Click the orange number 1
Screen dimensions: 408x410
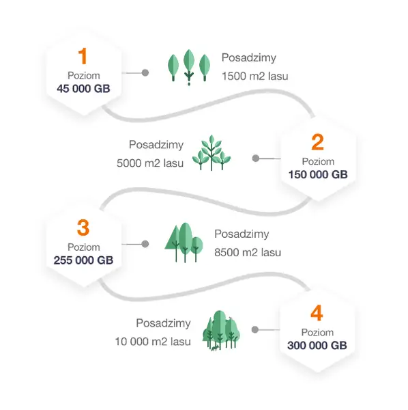83,56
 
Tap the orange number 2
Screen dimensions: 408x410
318,141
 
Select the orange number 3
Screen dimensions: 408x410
83,228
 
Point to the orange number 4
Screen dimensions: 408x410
317,313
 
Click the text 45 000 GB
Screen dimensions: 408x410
83,89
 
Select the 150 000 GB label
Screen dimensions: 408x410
318,174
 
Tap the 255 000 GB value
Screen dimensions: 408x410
83,260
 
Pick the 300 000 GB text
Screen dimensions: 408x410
317,345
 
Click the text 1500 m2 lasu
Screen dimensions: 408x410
255,77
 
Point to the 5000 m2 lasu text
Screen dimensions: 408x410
150,163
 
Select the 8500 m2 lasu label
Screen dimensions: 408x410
248,253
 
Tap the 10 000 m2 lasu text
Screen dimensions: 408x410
153,342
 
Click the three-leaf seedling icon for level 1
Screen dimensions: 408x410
189,67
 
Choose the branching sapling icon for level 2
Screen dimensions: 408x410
212,152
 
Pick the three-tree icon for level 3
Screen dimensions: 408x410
184,243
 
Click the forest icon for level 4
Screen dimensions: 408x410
221,331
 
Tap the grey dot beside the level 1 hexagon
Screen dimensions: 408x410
145,72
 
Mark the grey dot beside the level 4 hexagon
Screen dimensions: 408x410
255,330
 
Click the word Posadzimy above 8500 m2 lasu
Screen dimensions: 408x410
242,234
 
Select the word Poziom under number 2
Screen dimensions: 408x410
318,161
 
